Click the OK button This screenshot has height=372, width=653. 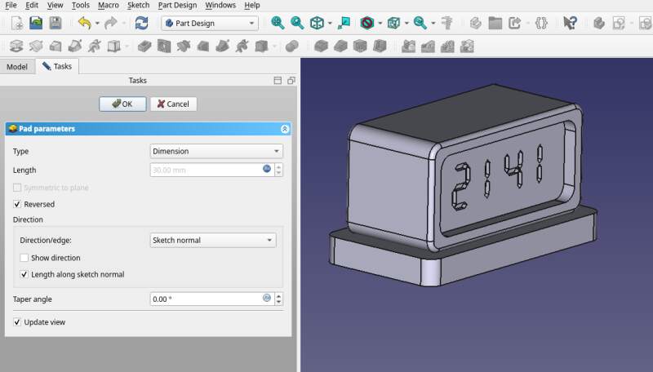[122, 104]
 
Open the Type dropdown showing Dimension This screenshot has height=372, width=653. [216, 151]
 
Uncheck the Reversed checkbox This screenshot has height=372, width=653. [18, 204]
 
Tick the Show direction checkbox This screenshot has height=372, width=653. [24, 258]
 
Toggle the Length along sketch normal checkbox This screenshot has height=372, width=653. [24, 274]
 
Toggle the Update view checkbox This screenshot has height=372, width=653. [18, 322]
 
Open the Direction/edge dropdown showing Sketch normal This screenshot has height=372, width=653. [213, 240]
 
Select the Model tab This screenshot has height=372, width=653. [17, 67]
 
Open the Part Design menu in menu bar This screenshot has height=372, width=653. [177, 6]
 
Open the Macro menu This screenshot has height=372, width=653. [109, 6]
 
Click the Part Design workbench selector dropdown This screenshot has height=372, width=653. [210, 23]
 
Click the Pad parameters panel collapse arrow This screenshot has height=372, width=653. [284, 129]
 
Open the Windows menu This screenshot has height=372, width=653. [220, 6]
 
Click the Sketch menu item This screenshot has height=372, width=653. [138, 6]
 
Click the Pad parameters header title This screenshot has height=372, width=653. [47, 129]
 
